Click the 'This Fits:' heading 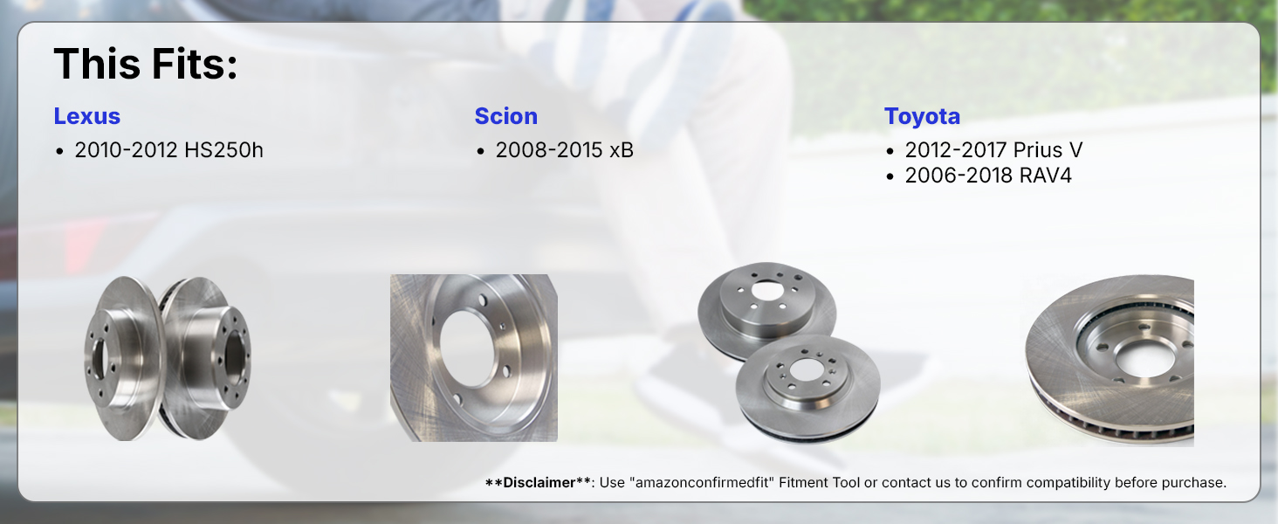pyautogui.click(x=146, y=64)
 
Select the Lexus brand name pyautogui.click(x=86, y=116)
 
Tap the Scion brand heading pyautogui.click(x=506, y=116)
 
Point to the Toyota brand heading pyautogui.click(x=922, y=116)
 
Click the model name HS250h pyautogui.click(x=223, y=150)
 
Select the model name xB pyautogui.click(x=622, y=150)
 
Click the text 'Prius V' pyautogui.click(x=1048, y=150)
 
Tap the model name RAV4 pyautogui.click(x=1045, y=176)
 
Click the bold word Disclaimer pyautogui.click(x=539, y=483)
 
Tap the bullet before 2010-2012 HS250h pyautogui.click(x=60, y=152)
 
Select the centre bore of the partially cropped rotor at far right pyautogui.click(x=1145, y=358)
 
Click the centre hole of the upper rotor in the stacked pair pyautogui.click(x=767, y=290)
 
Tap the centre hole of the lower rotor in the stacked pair pyautogui.click(x=805, y=369)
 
